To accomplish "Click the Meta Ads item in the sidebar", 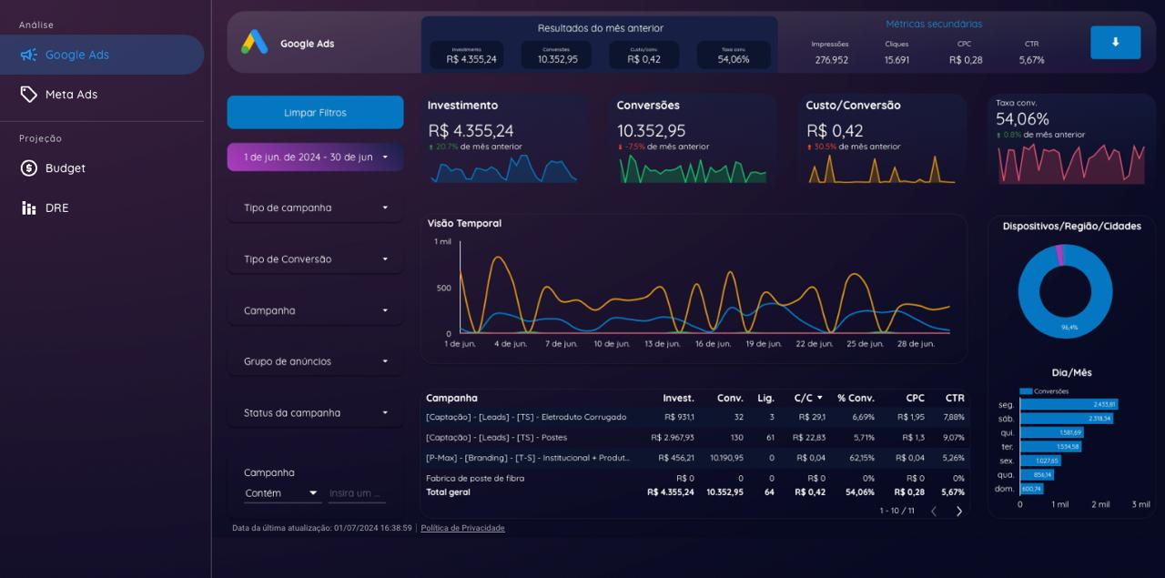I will pos(71,95).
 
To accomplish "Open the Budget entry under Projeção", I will pos(65,168).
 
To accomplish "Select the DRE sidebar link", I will pos(56,208).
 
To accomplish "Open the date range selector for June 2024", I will pos(315,157).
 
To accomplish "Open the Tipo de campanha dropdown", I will pos(315,208).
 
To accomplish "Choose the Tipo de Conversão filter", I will pos(315,259).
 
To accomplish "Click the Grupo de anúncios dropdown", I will pos(315,361).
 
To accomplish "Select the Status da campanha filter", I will pos(315,413).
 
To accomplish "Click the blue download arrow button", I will pos(1115,42).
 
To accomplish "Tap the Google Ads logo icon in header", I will pos(255,43).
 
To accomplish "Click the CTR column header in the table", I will pos(954,398).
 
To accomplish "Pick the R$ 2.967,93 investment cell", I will pos(672,438).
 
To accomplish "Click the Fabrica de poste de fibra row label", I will pos(475,478).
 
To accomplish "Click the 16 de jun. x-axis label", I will pos(713,344).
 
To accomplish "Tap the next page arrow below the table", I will pos(958,512).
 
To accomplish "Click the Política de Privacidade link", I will pos(462,528).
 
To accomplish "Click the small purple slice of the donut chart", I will pos(1059,255).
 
